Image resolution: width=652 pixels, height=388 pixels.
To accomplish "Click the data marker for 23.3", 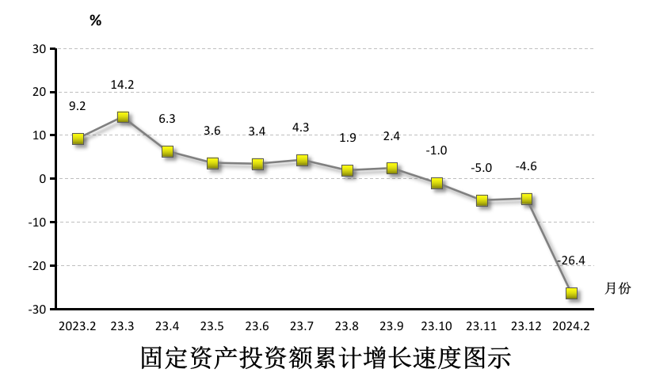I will click(123, 117).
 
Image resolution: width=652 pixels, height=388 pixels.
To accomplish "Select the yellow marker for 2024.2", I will click(571, 293).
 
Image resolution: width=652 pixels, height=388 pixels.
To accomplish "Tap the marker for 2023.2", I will click(78, 139).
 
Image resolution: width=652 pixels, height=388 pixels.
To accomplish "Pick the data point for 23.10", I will click(437, 183).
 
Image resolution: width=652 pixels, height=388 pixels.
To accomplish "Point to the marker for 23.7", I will click(302, 160).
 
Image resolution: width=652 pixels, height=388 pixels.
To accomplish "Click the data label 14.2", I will click(123, 85).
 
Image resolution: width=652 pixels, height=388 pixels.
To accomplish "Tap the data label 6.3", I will click(167, 119).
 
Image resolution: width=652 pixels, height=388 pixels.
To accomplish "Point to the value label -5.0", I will click(481, 167).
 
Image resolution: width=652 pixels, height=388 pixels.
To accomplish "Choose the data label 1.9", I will click(347, 138).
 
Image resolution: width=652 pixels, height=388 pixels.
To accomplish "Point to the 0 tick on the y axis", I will click(44, 179).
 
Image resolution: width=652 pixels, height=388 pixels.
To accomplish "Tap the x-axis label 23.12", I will click(526, 325).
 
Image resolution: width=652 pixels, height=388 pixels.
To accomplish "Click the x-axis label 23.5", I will click(212, 325).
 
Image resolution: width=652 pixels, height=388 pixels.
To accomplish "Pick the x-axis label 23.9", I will click(391, 325).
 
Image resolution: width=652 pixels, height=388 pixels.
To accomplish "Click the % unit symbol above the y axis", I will click(95, 21).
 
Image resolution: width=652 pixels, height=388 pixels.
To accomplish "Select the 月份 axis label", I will click(618, 288).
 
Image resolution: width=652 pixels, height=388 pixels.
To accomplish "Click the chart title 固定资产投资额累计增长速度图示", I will click(326, 358).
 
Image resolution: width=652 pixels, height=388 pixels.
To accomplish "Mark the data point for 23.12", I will click(526, 199).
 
